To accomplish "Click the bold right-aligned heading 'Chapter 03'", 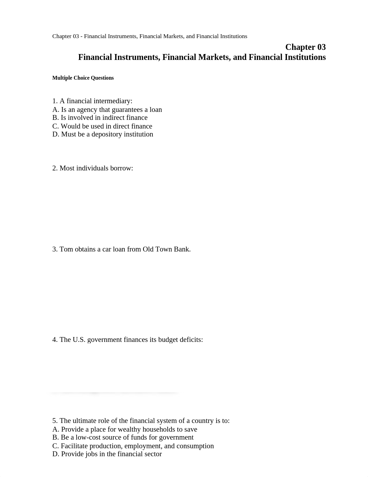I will pos(305,47).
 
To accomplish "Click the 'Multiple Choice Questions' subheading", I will pos(83,78).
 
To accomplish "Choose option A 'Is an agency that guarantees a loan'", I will pos(107,110).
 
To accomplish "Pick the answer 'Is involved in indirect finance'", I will pos(100,118).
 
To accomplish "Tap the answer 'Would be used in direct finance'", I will pos(103,126).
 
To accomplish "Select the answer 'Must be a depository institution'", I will pos(103,134).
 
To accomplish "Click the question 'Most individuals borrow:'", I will pos(93,168).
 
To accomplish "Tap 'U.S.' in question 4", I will pos(79,340).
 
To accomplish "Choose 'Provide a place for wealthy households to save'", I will pos(125,430).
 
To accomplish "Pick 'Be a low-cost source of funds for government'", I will pos(123,438).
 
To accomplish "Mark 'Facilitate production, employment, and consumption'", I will pos(133,446).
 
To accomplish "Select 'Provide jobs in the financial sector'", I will pos(107,454).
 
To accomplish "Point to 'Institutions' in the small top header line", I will pos(234,36).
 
